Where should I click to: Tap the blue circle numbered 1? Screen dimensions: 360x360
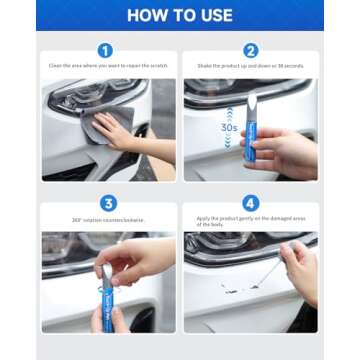coord(105,50)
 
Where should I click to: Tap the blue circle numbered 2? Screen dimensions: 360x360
coord(250,50)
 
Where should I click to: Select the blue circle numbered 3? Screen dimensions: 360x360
coord(109,204)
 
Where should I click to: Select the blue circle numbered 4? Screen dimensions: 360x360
coord(250,204)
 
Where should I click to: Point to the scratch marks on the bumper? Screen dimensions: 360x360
coord(234,288)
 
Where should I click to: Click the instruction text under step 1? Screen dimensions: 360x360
coord(108,66)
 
